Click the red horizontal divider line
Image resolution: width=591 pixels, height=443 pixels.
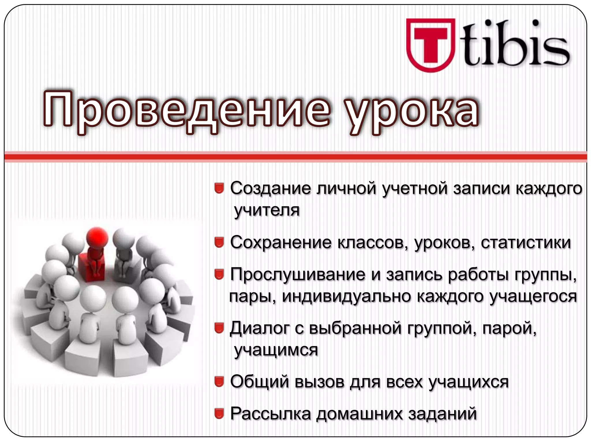pos(295,157)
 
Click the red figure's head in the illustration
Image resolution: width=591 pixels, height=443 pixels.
pos(97,238)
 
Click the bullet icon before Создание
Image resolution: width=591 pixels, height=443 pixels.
pos(219,188)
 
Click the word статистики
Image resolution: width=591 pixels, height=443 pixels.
pos(526,242)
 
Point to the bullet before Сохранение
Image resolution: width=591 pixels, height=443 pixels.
pos(219,242)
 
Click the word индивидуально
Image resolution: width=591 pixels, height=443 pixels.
pos(346,296)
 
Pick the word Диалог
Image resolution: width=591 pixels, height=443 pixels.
pos(260,328)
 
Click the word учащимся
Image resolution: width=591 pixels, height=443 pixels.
pos(276,350)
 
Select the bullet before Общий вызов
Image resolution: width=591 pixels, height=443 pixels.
pos(219,382)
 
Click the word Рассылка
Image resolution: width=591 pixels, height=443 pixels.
pos(270,414)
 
